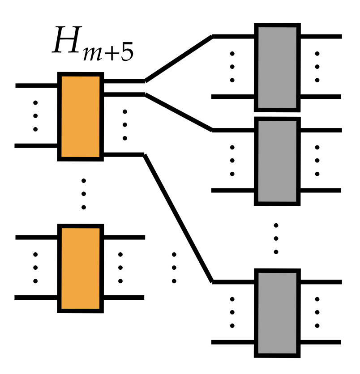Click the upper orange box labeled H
pos(81,117)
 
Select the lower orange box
pos(81,268)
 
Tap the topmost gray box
pos(277,67)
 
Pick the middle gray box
pos(277,161)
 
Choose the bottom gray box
pos(277,313)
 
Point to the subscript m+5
pos(107,52)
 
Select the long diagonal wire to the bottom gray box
pos(178,218)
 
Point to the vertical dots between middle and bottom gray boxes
pos(276,238)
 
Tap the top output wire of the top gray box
pos(320,36)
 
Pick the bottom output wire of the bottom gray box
pos(320,343)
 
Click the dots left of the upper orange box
pos(36,116)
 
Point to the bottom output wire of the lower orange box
pos(123,297)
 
